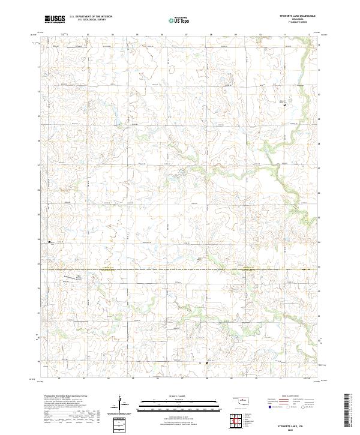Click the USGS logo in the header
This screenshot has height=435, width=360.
pyautogui.click(x=55, y=19)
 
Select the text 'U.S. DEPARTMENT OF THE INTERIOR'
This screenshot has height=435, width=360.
pyautogui.click(x=91, y=17)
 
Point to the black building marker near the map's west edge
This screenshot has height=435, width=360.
pyautogui.click(x=49, y=242)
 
